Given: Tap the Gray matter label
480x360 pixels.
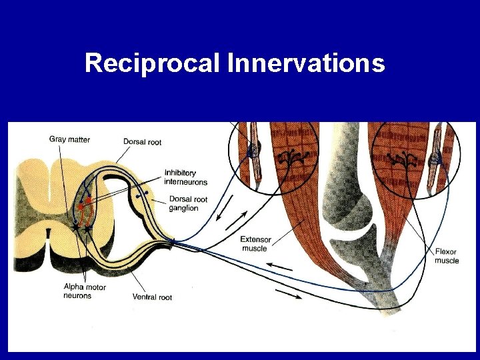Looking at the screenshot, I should [x=69, y=139].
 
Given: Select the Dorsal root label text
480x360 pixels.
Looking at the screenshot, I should [x=142, y=141].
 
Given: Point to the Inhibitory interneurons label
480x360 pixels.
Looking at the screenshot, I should [x=186, y=177].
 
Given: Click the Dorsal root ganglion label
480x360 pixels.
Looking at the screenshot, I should [x=188, y=203].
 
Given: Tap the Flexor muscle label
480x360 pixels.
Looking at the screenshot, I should [x=446, y=256].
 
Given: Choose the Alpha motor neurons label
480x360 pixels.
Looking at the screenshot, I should [x=84, y=291].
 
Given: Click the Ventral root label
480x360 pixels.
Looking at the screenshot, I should [x=152, y=297].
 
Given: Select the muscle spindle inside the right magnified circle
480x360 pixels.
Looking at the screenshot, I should [x=436, y=160].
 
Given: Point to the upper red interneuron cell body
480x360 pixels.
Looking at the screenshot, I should [x=88, y=199].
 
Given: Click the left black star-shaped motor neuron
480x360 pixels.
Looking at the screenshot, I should [x=76, y=227].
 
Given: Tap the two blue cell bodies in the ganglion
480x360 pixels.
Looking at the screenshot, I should [x=141, y=195].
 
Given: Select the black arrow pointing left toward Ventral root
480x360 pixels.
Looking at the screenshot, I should [x=280, y=267].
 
